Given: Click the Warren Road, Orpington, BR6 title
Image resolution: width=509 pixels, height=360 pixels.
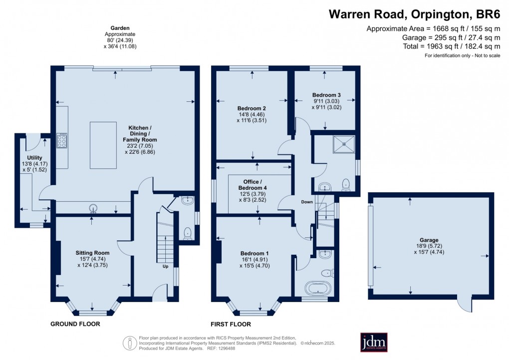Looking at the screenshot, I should coord(414,13).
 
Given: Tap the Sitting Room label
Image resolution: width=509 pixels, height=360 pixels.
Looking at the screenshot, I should coord(92,253).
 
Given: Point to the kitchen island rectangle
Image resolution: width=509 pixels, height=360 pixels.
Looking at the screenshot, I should coord(103,145).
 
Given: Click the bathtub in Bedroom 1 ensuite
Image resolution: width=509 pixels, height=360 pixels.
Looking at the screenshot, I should coord(317,289).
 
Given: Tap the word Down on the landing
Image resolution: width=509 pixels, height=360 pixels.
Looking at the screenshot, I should coord(306,202).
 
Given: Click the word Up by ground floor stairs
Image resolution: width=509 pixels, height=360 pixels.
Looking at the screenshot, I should coord(165,267).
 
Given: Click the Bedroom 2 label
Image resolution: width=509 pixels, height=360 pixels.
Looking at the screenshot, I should coord(251,108).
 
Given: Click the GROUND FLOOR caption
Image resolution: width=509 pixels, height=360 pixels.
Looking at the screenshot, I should coord(75,324).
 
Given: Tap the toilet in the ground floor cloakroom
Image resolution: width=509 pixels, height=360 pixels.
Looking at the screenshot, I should coord(188,233).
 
